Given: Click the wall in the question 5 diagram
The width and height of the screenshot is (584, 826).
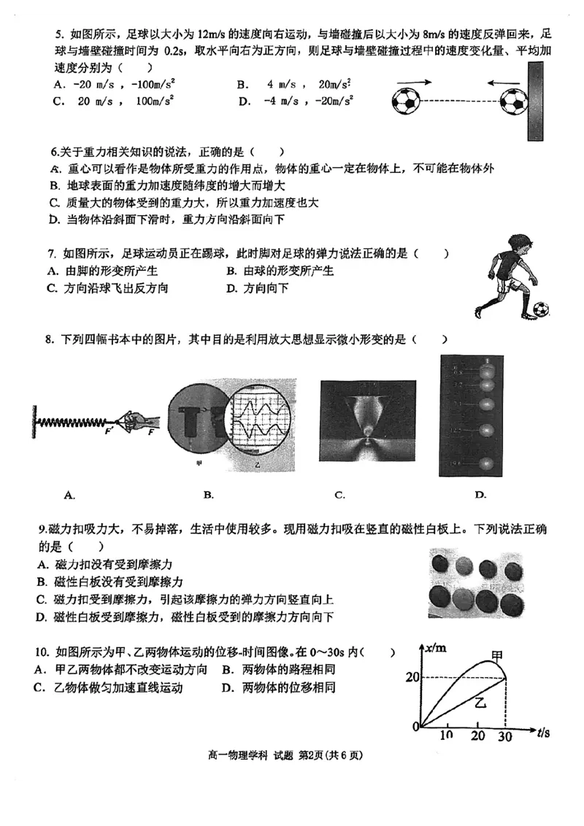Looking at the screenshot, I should click(536, 101).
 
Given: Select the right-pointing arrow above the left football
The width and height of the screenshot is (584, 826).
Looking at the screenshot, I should click(413, 82).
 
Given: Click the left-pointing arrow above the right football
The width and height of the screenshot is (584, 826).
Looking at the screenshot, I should click(504, 82).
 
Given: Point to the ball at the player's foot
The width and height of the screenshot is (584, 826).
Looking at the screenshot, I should click(540, 310).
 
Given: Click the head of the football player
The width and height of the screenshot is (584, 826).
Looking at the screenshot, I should click(519, 245).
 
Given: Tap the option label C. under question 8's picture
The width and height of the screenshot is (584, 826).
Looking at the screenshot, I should click(339, 495).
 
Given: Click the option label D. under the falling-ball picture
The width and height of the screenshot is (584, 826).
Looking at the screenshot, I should click(480, 495).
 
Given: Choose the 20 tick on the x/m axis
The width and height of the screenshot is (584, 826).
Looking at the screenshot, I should click(413, 678).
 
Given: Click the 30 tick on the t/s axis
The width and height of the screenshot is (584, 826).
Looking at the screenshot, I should click(505, 737).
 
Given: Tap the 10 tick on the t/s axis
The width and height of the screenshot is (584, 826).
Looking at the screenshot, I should click(447, 736).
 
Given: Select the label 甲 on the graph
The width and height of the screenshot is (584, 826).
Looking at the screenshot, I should click(497, 656).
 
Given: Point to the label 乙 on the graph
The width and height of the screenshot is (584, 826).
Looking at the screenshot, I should click(480, 703).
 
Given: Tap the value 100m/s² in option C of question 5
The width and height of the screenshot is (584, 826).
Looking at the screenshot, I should click(155, 101).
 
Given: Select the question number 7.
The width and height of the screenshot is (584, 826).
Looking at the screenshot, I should click(52, 254).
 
